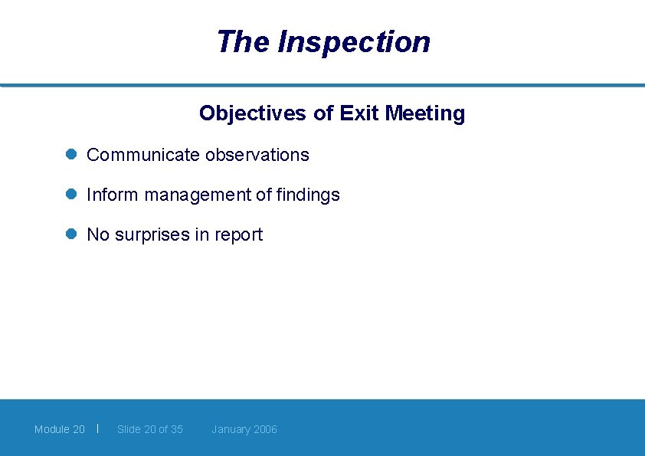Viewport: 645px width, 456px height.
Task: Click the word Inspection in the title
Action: click(x=354, y=42)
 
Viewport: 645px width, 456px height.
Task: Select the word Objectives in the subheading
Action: click(x=253, y=113)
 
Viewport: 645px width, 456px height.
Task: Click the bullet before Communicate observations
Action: click(x=70, y=154)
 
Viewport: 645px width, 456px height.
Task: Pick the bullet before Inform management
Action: click(x=70, y=195)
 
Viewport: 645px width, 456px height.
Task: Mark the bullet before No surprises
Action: click(x=70, y=235)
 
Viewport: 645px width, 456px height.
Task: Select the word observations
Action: click(x=257, y=155)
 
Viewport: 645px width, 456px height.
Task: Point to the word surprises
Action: click(x=152, y=235)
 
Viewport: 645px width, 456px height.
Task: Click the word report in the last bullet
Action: click(x=238, y=235)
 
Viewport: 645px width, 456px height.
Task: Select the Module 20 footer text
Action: click(x=60, y=429)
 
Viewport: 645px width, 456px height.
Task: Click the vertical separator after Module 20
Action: click(x=98, y=428)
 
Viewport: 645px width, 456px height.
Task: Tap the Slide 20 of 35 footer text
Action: click(x=150, y=429)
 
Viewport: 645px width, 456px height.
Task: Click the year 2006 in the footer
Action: click(x=265, y=429)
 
